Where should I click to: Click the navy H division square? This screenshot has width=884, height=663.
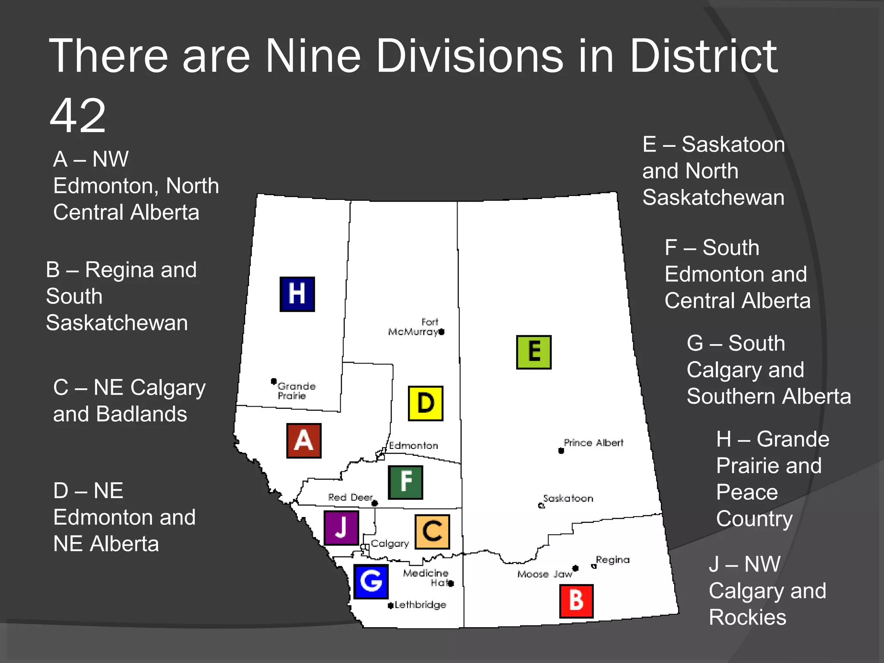coord(297,294)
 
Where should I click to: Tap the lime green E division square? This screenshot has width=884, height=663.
coord(534,352)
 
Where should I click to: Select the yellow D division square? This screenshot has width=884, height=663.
coord(426,403)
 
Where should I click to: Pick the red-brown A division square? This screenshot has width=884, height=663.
coord(304,440)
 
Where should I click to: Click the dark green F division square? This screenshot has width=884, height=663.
coord(405,482)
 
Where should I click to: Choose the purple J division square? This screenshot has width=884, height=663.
coord(341,527)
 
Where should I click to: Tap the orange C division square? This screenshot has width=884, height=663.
coord(432,531)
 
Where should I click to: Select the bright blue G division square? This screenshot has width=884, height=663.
coord(371,581)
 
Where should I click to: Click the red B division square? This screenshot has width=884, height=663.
coord(576,601)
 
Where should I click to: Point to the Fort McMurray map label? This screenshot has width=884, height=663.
coord(413,327)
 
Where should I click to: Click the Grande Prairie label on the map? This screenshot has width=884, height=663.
coord(297,391)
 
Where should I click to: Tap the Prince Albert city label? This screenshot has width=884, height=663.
coord(594,443)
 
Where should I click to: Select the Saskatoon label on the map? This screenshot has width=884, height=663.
coord(568,499)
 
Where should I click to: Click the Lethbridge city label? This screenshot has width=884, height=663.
coord(420,605)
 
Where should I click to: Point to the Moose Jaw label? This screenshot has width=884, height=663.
coord(545,574)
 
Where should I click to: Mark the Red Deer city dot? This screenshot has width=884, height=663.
coord(375,503)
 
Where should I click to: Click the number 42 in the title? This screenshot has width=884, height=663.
coord(78,116)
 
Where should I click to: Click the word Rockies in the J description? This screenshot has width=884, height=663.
coord(748,617)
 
